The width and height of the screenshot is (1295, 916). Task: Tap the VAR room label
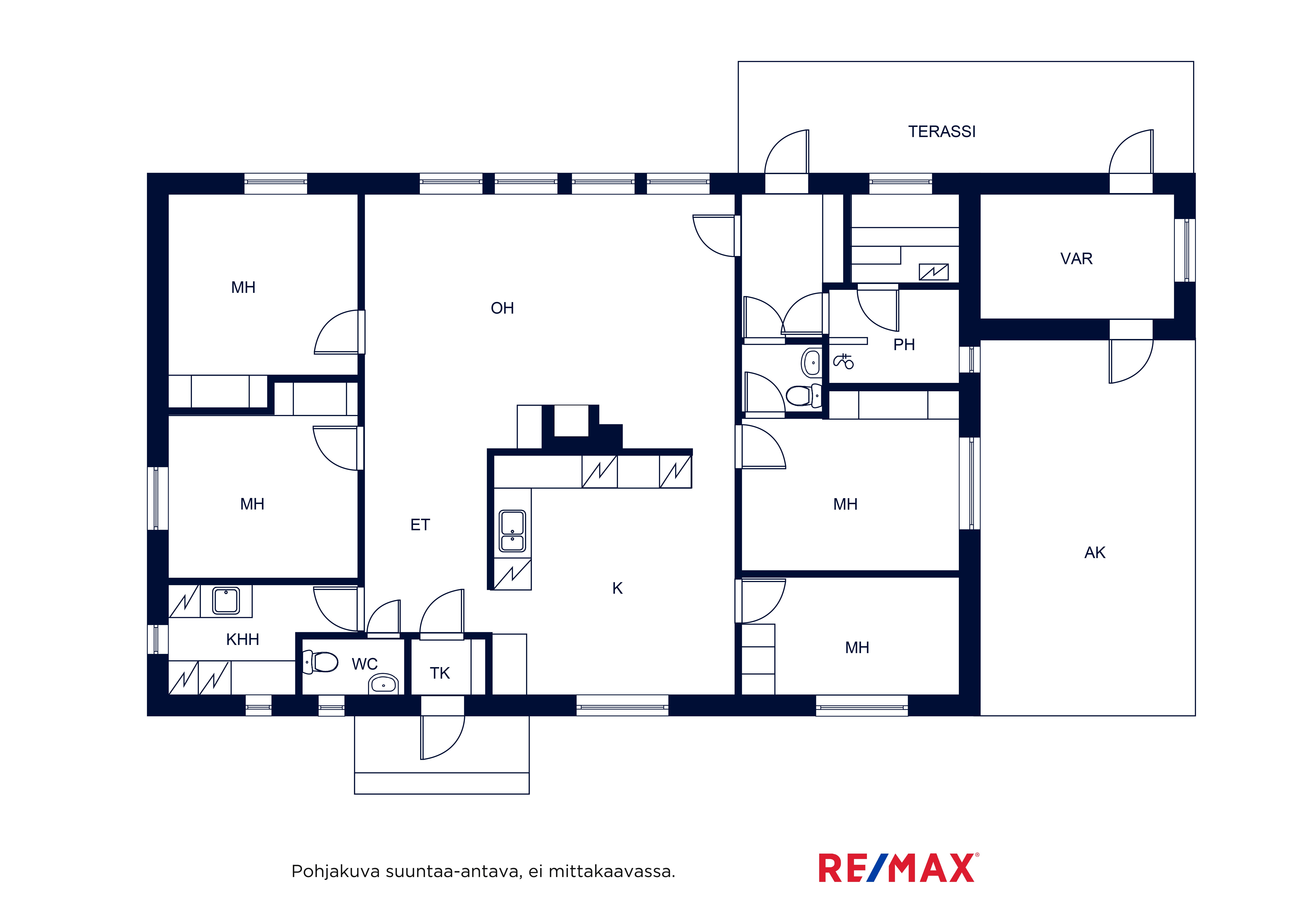click(1076, 258)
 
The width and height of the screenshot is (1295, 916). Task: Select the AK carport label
click(1095, 553)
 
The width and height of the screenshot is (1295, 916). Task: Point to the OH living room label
click(502, 308)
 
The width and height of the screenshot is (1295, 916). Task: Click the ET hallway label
click(420, 525)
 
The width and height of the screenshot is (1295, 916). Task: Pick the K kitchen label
click(618, 588)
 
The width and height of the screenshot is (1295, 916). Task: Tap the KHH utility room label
click(243, 639)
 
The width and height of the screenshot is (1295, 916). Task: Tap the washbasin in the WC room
click(383, 684)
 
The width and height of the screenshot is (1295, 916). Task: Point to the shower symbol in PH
click(844, 361)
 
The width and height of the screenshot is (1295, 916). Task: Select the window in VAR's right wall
click(1185, 250)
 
